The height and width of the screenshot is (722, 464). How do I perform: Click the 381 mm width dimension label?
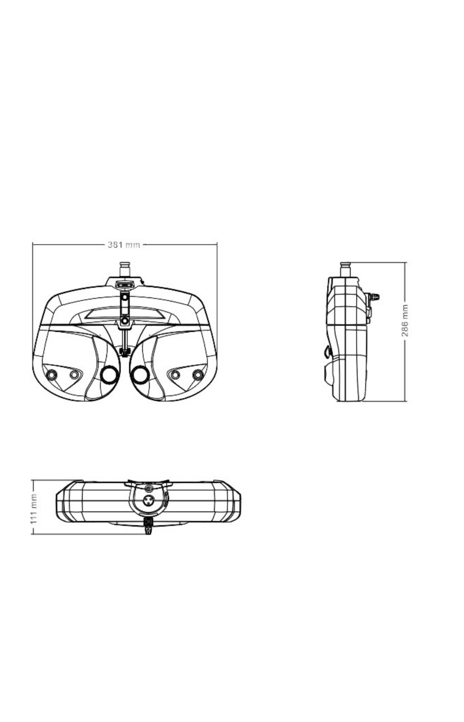click(124, 245)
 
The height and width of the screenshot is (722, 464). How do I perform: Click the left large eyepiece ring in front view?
click(109, 375)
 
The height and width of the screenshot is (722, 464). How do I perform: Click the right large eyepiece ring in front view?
click(140, 375)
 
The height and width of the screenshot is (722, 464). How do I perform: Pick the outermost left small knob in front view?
click(52, 375)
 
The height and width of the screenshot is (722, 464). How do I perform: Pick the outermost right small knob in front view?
click(198, 375)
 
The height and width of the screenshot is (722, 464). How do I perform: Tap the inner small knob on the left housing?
click(74, 375)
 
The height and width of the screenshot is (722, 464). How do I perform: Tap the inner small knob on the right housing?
click(175, 375)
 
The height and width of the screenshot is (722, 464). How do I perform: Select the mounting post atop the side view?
click(345, 269)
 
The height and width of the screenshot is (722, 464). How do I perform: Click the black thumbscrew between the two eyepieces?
click(125, 351)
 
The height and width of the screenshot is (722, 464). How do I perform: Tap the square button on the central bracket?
click(125, 297)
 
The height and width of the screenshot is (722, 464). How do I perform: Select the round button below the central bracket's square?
click(125, 321)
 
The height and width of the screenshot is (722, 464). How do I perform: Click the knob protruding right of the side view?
click(374, 297)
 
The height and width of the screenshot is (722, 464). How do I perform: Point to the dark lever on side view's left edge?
click(327, 351)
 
